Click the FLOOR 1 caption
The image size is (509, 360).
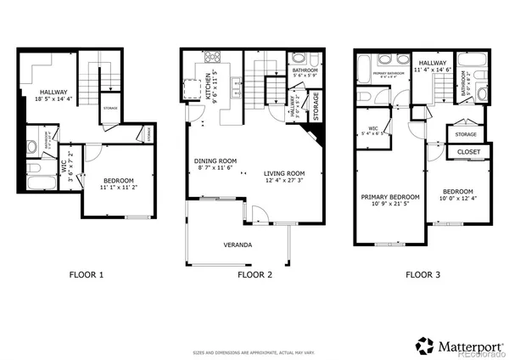[x=86, y=275]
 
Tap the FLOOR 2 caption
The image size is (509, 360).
[x=255, y=275]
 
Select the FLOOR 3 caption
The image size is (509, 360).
[x=423, y=275]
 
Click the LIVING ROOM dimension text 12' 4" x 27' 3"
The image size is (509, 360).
[x=283, y=179]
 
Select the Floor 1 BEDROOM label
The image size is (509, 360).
[x=119, y=181]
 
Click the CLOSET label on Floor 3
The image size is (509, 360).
[x=468, y=152]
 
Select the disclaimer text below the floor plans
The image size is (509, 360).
[x=255, y=349]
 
